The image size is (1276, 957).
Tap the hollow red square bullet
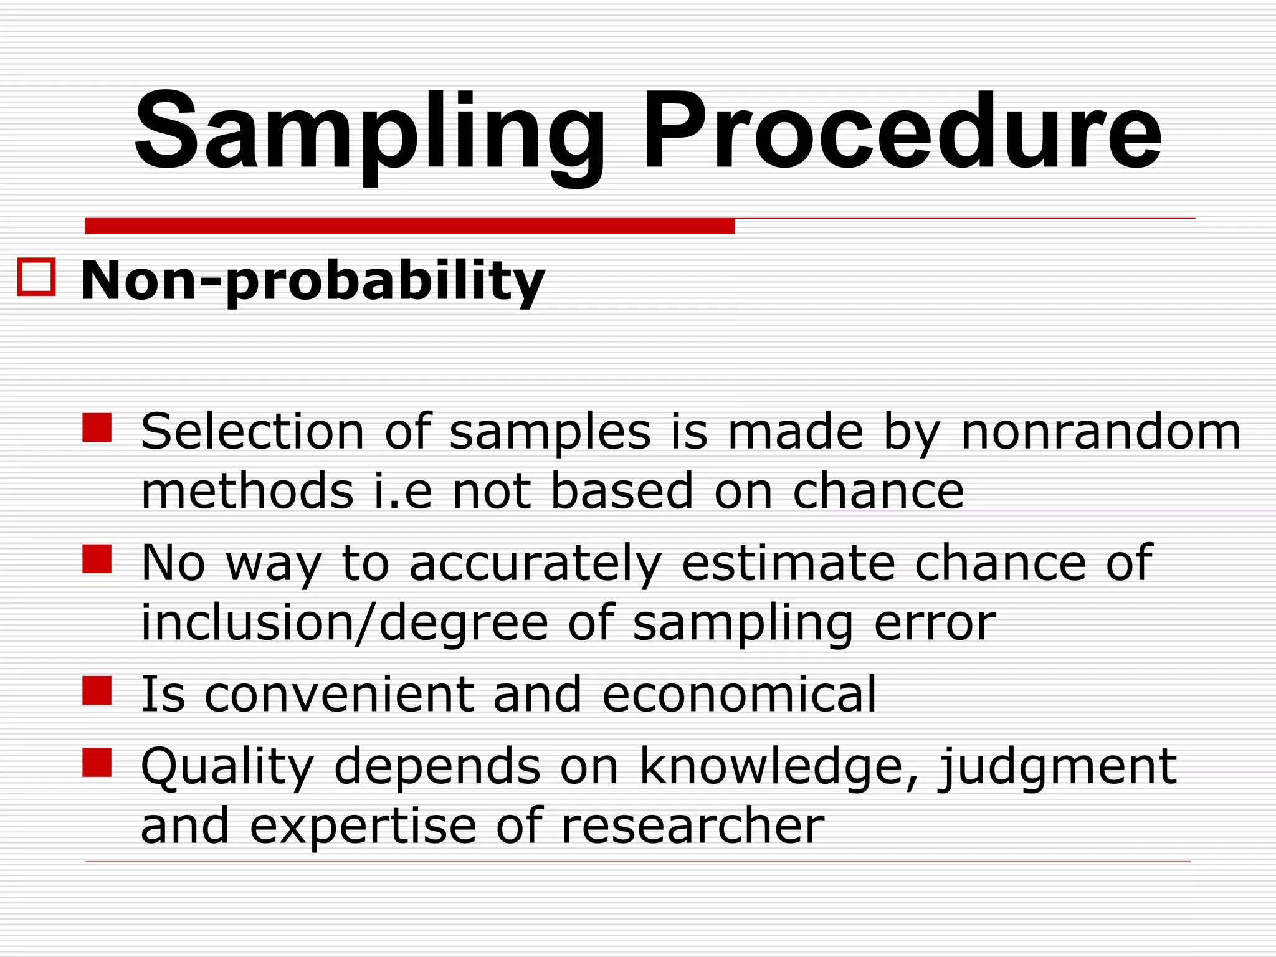point(37,277)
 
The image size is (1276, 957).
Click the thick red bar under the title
point(409,226)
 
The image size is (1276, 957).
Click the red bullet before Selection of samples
point(97,427)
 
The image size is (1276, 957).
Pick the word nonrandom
point(1101,432)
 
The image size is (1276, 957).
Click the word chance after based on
point(878,491)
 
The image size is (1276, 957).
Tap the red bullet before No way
point(97,559)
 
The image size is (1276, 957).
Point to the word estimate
point(788,563)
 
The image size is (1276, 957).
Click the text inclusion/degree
point(345,623)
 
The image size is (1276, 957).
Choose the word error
point(935,623)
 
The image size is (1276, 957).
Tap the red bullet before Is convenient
point(97,690)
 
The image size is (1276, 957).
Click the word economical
point(739,693)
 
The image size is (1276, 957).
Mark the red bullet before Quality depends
point(97,762)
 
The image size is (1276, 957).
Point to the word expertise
point(363,826)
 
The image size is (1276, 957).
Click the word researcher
point(692,826)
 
